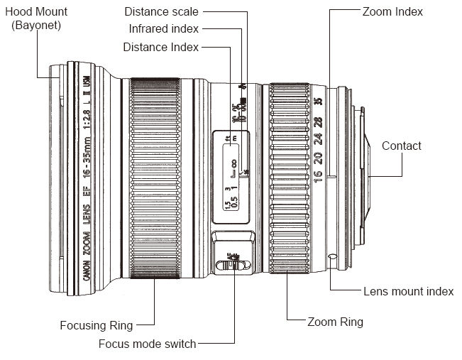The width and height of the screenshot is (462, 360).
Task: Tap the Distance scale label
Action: tap(161, 11)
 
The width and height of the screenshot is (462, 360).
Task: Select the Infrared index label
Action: tap(163, 29)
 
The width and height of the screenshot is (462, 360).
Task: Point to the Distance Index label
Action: tap(160, 47)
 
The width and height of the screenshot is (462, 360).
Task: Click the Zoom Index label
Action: tap(392, 11)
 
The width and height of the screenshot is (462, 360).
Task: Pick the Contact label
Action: tap(401, 146)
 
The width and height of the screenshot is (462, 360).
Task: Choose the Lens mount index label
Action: tap(408, 291)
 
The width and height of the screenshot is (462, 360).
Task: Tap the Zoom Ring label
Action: tap(335, 322)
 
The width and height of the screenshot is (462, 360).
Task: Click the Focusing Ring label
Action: tap(97, 326)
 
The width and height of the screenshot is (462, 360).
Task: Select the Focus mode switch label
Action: tap(148, 344)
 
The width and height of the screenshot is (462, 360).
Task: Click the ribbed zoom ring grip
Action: tap(287, 178)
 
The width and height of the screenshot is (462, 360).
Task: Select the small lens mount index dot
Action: tap(331, 255)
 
